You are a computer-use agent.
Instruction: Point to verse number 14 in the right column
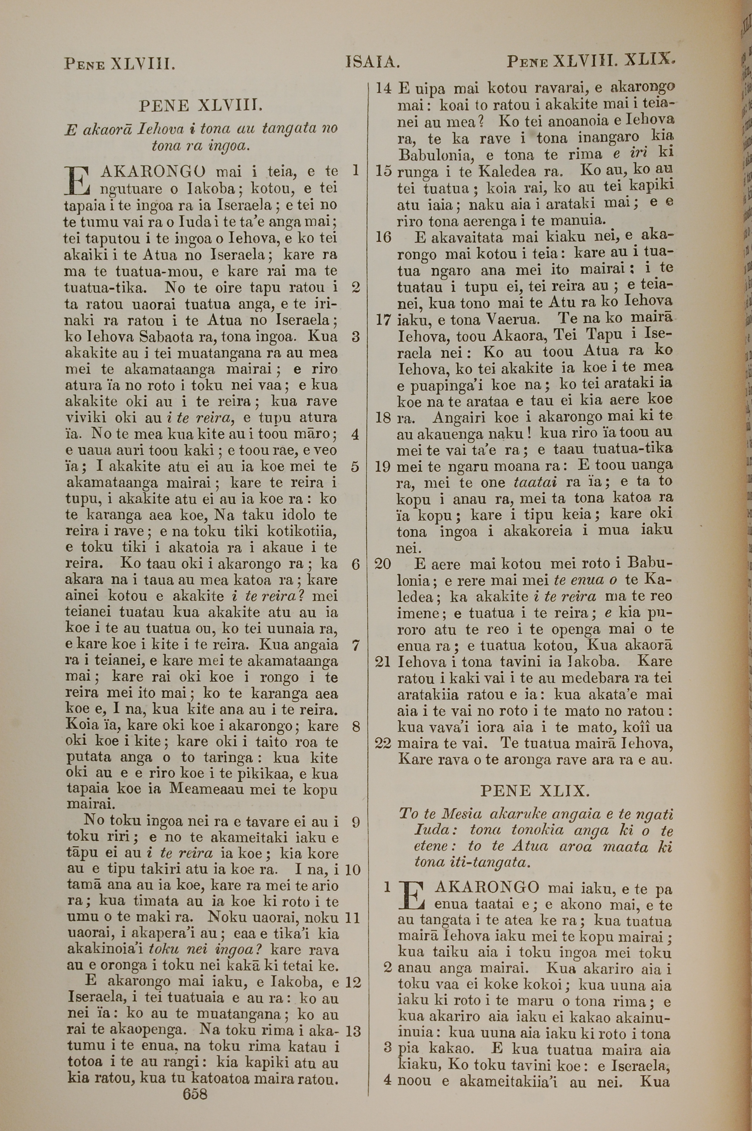point(383,88)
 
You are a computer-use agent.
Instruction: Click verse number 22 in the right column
point(383,744)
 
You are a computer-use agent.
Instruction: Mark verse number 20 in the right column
point(383,564)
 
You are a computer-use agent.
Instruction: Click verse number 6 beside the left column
point(355,564)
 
